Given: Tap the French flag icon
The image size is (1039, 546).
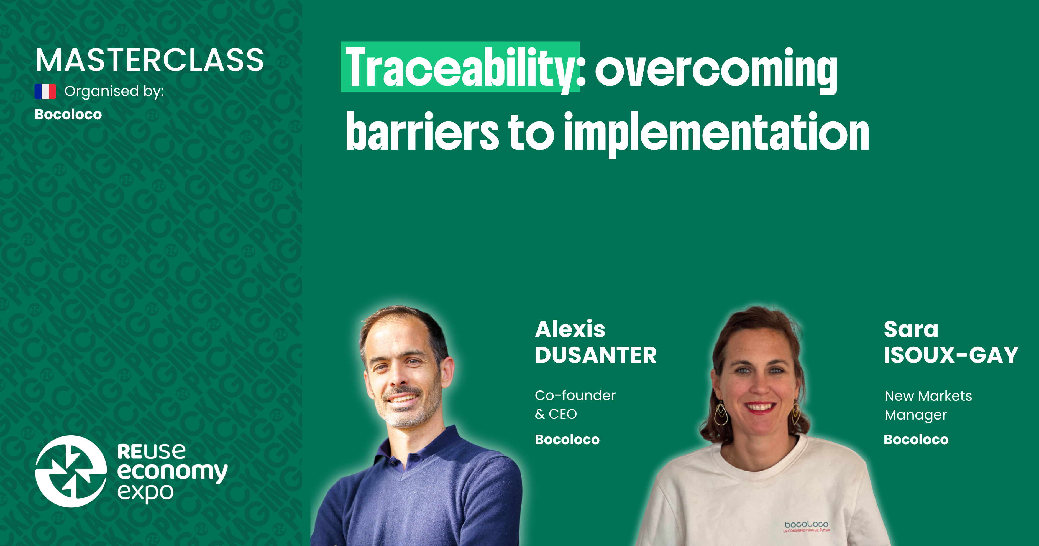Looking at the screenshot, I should [45, 92].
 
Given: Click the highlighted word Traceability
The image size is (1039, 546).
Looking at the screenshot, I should [460, 67].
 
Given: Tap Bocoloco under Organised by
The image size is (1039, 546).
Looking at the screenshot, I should [68, 115].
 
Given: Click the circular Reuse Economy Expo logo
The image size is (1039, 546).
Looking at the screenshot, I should [71, 471].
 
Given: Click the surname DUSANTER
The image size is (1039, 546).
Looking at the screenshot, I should [595, 355].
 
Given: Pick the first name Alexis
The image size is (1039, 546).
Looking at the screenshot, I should [570, 329].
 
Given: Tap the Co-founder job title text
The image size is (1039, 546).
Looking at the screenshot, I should [575, 395].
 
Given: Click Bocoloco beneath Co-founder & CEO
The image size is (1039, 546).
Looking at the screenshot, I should [567, 440].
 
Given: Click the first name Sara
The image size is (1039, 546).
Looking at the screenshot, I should [911, 329].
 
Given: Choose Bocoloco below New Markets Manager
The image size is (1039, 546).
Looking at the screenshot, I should [916, 440].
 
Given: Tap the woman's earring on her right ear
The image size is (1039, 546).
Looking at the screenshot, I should [721, 414].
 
